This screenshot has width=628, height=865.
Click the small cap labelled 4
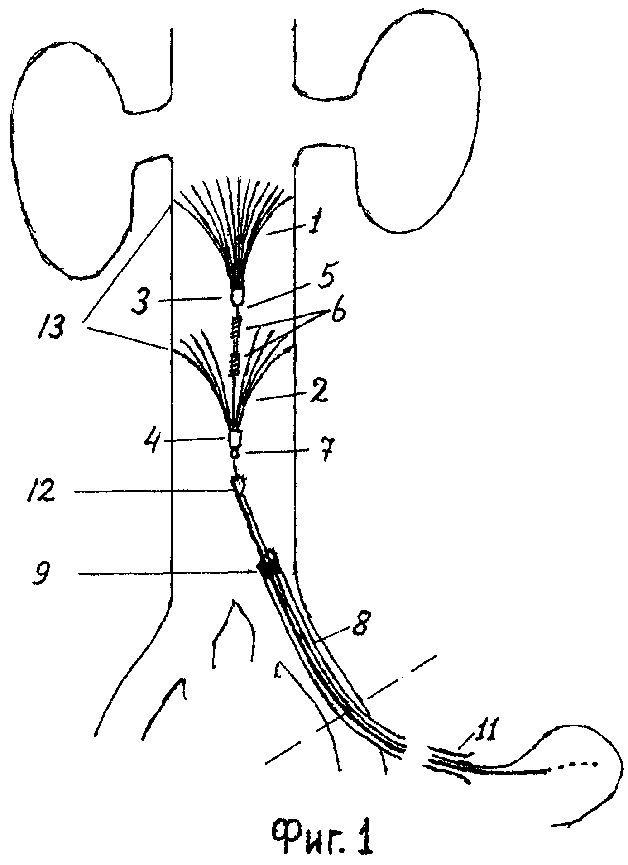(234, 438)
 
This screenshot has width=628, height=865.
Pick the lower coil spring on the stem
(234, 364)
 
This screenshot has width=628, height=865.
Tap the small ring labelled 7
(234, 453)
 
